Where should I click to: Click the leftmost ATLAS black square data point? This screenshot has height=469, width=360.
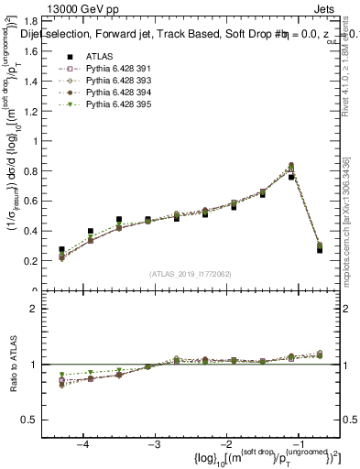pyautogui.click(x=62, y=249)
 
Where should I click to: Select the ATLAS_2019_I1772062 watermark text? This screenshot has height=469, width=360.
pyautogui.click(x=190, y=273)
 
